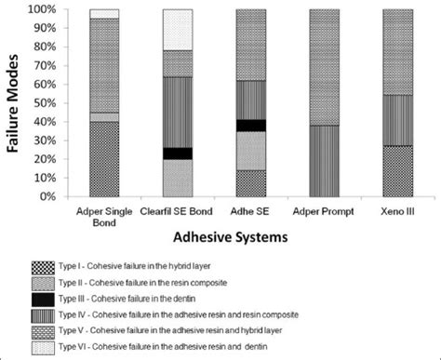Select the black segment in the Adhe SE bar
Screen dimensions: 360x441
tap(250, 125)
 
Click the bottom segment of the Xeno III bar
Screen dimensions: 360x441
tap(398, 171)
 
